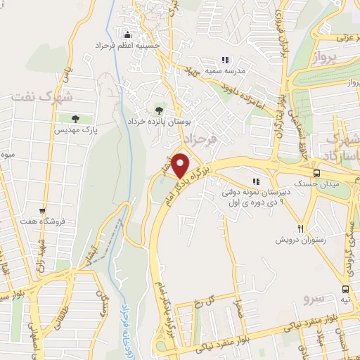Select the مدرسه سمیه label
tap(244, 72)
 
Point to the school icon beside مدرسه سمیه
tap(224, 60)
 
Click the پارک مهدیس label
tap(76, 130)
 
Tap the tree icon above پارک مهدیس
tap(76, 119)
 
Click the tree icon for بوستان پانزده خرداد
tap(158, 110)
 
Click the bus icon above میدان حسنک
tap(317, 172)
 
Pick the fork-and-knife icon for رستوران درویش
tap(300, 229)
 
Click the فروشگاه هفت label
tap(42, 221)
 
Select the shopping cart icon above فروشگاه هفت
tap(42, 210)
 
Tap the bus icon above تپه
tap(345, 288)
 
